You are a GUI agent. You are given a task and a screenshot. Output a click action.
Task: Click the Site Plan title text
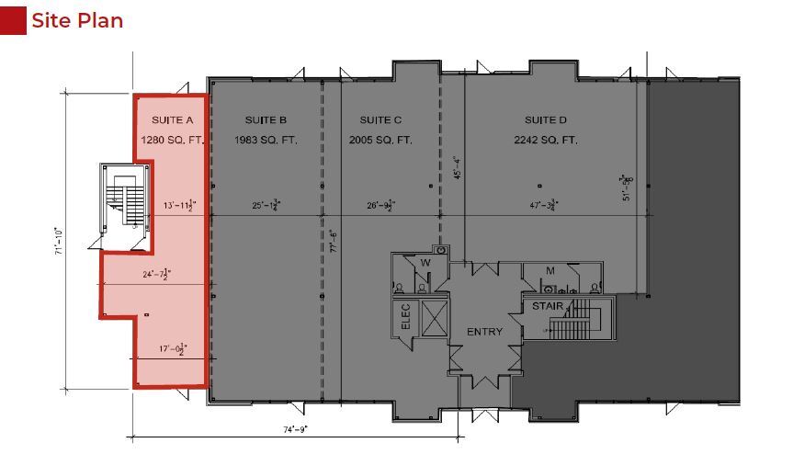pos(77,20)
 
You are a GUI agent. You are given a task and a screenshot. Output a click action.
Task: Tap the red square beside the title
pos(13,20)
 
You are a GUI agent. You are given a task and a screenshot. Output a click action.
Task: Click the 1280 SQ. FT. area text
pos(172,140)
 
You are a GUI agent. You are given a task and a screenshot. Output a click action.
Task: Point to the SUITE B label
pos(266,120)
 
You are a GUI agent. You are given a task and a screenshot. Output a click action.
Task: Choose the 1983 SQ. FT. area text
pos(266,140)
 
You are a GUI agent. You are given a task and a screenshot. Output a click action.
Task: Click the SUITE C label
pos(380,120)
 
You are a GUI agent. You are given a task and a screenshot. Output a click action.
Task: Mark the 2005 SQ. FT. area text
pos(380,140)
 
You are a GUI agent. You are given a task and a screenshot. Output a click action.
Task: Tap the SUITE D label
pos(546,120)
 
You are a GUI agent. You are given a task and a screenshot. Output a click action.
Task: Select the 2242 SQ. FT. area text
pos(546,140)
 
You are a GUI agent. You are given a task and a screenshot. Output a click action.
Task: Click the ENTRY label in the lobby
pos(484,332)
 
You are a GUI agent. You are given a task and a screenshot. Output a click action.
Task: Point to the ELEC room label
pos(403,317)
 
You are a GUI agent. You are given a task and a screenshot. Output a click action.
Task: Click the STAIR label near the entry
pos(549,306)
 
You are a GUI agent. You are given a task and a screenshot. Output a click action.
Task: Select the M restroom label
pos(550,269)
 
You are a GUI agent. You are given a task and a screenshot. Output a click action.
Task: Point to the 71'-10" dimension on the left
pos(58,244)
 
